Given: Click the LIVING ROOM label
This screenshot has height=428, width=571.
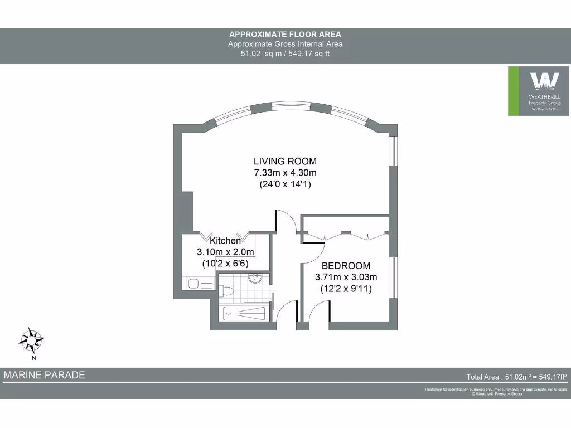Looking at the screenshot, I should (x=285, y=162).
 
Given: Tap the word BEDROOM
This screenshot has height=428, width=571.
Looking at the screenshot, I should (x=346, y=266).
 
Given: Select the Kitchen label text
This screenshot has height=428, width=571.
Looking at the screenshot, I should (x=225, y=241).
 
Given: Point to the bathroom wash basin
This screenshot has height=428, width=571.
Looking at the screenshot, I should (x=256, y=278).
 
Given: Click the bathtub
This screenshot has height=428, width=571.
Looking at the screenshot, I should (x=243, y=314).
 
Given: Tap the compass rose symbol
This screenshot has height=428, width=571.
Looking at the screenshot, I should (x=32, y=338).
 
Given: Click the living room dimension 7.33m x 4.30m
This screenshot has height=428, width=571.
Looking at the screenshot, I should (x=285, y=172).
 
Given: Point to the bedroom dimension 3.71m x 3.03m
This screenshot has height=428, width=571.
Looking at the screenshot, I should (x=346, y=277).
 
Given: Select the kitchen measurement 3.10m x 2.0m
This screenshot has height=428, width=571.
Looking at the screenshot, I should (x=225, y=252).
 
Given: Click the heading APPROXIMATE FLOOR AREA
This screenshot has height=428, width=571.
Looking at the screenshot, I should (x=285, y=35).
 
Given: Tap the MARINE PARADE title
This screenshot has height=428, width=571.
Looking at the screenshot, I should (x=45, y=375).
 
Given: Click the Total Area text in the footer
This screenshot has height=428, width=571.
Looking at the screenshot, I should (x=516, y=377).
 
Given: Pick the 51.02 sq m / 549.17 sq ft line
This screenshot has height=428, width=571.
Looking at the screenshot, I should (x=285, y=54).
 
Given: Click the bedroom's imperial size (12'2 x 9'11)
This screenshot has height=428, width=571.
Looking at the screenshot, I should (x=346, y=289).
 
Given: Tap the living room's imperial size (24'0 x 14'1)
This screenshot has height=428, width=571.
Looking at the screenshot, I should (x=285, y=183).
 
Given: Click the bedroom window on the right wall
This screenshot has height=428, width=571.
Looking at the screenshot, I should (x=393, y=279).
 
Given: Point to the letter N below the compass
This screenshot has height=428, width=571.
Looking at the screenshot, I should (x=33, y=358).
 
